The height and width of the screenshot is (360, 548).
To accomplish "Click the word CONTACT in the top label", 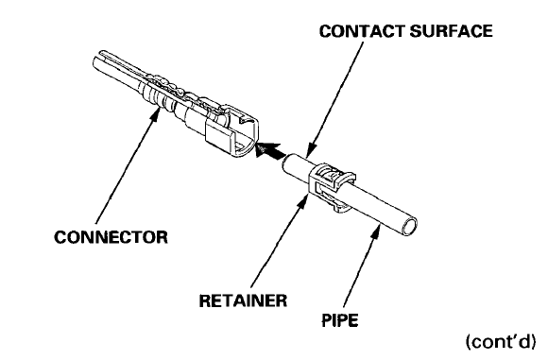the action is click(363, 31).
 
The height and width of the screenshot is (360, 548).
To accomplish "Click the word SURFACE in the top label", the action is click(452, 31).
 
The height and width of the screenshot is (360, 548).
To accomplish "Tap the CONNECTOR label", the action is click(111, 237).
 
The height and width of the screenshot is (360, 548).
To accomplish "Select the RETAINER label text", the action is click(243, 300).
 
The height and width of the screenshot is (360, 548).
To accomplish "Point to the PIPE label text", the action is click(340, 320).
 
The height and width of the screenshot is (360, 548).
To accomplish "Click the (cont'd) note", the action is click(501, 341).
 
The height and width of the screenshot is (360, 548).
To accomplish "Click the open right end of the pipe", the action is click(409, 227).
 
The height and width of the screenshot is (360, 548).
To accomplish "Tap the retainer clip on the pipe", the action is click(331, 186).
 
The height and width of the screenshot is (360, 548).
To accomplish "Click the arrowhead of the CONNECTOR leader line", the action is click(154, 114).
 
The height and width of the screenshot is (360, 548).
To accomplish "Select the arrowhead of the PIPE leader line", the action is click(376, 231).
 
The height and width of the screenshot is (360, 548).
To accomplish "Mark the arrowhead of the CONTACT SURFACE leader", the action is click(312, 148).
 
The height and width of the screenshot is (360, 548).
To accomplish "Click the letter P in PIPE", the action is click(326, 320).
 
